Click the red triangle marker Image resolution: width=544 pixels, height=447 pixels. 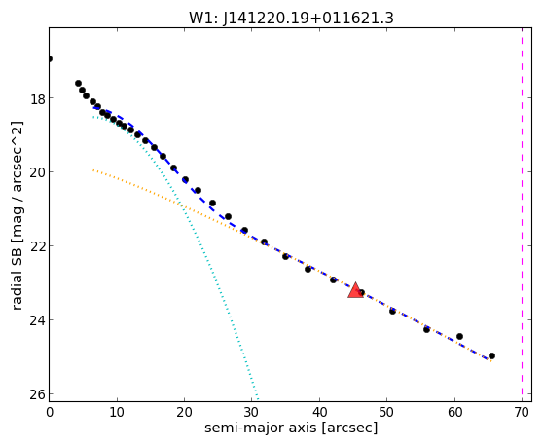coord(355,291)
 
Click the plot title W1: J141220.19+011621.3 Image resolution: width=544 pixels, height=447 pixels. coord(291,19)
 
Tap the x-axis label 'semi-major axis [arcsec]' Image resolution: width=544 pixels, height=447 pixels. coord(291,428)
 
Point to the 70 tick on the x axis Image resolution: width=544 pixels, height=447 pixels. coord(522,413)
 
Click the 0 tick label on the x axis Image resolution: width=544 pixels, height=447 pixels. coord(50,413)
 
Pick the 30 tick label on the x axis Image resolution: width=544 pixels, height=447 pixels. coord(252,413)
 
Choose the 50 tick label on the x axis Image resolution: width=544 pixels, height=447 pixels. coord(387,413)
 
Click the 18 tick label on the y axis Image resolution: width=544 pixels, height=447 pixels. coord(38,99)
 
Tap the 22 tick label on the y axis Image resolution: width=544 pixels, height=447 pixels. coord(38,246)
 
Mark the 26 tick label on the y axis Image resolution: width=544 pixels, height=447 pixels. coord(38,394)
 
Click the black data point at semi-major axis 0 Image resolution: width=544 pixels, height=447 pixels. coord(50,58)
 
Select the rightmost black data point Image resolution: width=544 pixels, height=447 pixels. coord(491,356)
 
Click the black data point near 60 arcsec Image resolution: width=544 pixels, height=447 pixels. coord(459,336)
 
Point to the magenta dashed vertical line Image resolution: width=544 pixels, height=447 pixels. coord(522,214)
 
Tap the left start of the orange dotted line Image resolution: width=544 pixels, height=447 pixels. coord(93,169)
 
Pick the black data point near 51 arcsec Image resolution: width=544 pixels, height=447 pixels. coord(392,311)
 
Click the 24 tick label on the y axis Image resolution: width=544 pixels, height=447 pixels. coord(38,320)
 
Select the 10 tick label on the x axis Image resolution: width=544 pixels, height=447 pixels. coord(117,413)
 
